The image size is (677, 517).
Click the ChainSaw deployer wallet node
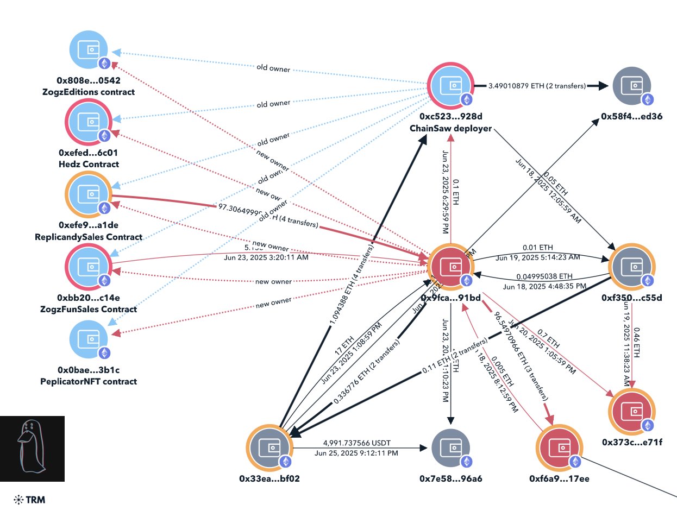450,86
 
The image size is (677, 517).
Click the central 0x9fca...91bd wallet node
450,267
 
